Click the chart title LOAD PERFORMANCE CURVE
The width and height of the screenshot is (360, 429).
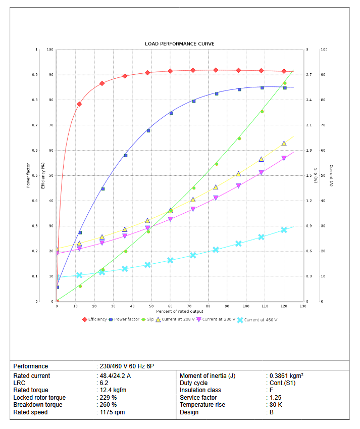[180, 44]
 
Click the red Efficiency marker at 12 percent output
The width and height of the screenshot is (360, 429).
[79, 104]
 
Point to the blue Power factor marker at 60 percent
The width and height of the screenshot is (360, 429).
[171, 113]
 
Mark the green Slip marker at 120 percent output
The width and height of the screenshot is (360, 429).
[285, 83]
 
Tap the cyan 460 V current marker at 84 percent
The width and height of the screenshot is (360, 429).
[216, 250]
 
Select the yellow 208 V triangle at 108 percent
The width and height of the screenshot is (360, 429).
[262, 159]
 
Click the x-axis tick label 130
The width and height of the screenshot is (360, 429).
[303, 306]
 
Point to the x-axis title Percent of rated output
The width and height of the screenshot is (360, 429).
[180, 311]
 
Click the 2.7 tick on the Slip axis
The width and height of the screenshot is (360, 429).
[309, 75]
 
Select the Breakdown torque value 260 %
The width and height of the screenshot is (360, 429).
[108, 405]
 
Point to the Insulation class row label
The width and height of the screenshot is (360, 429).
[200, 390]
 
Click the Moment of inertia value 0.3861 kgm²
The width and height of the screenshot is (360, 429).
[286, 375]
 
